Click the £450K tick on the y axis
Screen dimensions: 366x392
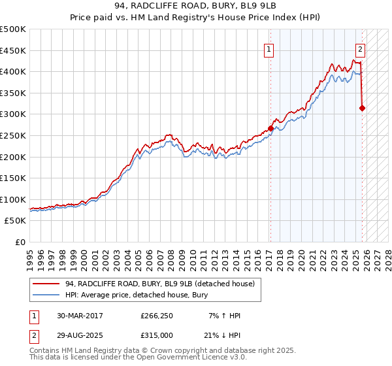[13, 50]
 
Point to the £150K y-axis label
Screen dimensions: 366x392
[13, 178]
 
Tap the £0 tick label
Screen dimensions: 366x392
[20, 242]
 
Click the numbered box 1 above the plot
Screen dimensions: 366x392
[269, 48]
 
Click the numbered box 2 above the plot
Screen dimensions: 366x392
[360, 48]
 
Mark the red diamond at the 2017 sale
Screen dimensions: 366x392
[270, 129]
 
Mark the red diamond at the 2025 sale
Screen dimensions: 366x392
[363, 108]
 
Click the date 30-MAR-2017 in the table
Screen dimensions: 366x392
[84, 316]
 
